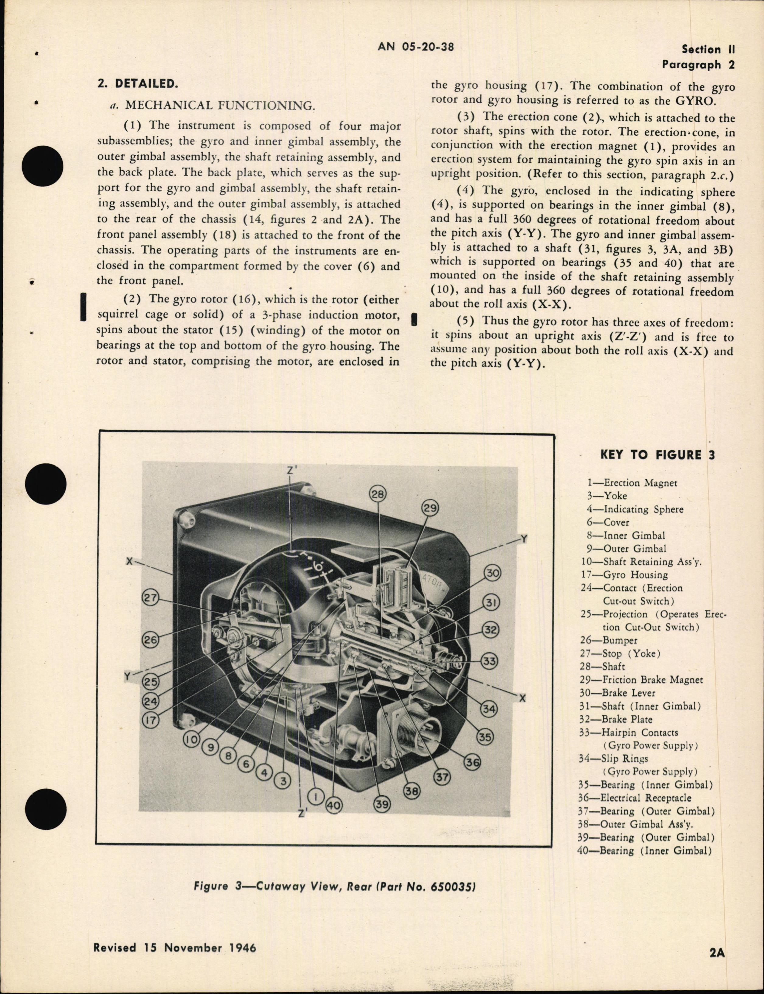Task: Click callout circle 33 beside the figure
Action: [x=489, y=660]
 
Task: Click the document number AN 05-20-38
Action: [x=416, y=47]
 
